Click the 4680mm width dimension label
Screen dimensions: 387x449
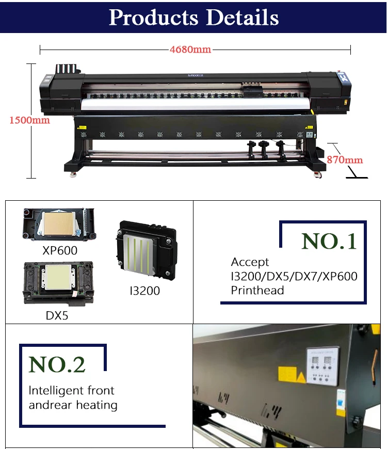190,50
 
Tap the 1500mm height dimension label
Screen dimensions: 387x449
30,120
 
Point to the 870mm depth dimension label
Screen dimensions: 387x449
345,159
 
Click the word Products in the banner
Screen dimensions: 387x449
153,18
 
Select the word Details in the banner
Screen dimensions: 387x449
242,18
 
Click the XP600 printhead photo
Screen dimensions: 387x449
59,224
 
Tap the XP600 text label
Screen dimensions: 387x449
60,250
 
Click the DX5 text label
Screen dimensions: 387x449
57,315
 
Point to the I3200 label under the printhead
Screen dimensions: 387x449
144,291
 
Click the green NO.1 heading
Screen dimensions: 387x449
329,241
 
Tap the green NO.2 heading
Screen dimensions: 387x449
57,364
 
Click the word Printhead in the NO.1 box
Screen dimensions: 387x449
257,291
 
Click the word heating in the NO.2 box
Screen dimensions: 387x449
97,405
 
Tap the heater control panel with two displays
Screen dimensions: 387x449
322,366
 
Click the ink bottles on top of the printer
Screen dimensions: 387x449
68,69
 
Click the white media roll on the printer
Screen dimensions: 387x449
195,105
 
